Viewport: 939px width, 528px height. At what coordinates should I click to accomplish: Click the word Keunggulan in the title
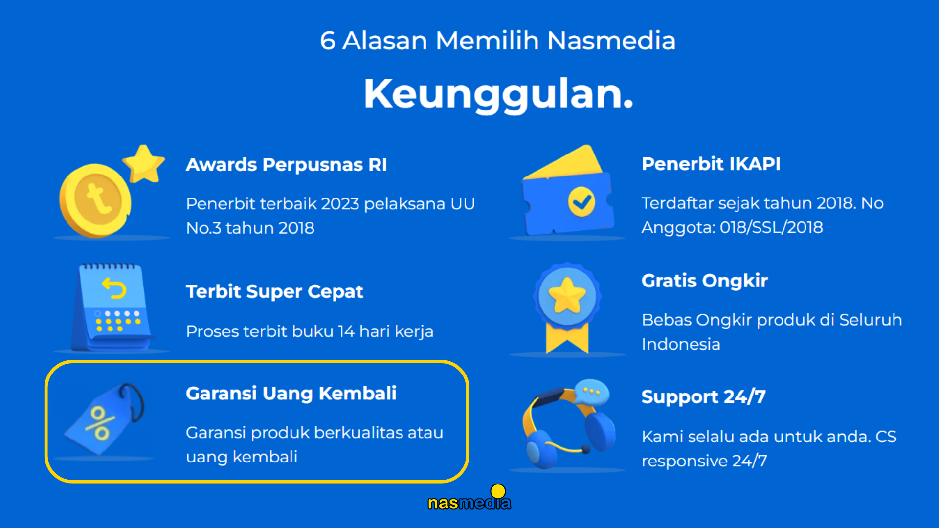point(498,94)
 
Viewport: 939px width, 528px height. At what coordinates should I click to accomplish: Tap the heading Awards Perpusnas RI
point(287,165)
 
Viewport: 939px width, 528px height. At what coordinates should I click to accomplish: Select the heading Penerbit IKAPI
point(711,164)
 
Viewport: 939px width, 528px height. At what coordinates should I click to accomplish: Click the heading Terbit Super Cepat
point(274,292)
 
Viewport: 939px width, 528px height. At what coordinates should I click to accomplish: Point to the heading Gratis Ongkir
point(705,281)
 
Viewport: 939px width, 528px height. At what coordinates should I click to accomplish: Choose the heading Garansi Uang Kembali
point(291,394)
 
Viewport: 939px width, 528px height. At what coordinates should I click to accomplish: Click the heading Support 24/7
point(703,396)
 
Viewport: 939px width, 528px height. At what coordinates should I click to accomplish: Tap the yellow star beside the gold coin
point(143,164)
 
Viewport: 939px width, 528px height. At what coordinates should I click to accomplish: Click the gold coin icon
point(95,200)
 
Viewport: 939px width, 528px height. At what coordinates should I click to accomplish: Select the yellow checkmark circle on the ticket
point(581,201)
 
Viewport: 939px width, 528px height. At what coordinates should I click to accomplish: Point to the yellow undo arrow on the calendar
point(114,288)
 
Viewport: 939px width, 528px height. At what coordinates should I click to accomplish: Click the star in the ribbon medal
point(567,295)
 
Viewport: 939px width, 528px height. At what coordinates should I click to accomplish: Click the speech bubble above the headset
point(592,392)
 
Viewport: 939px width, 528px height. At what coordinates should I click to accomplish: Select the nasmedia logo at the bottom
point(469,498)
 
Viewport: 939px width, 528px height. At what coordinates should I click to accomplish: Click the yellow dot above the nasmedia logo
point(498,491)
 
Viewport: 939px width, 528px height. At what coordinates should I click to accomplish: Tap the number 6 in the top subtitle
point(328,41)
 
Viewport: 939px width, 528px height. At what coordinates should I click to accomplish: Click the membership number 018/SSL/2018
point(771,227)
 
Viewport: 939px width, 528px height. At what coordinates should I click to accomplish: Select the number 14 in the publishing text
point(346,331)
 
